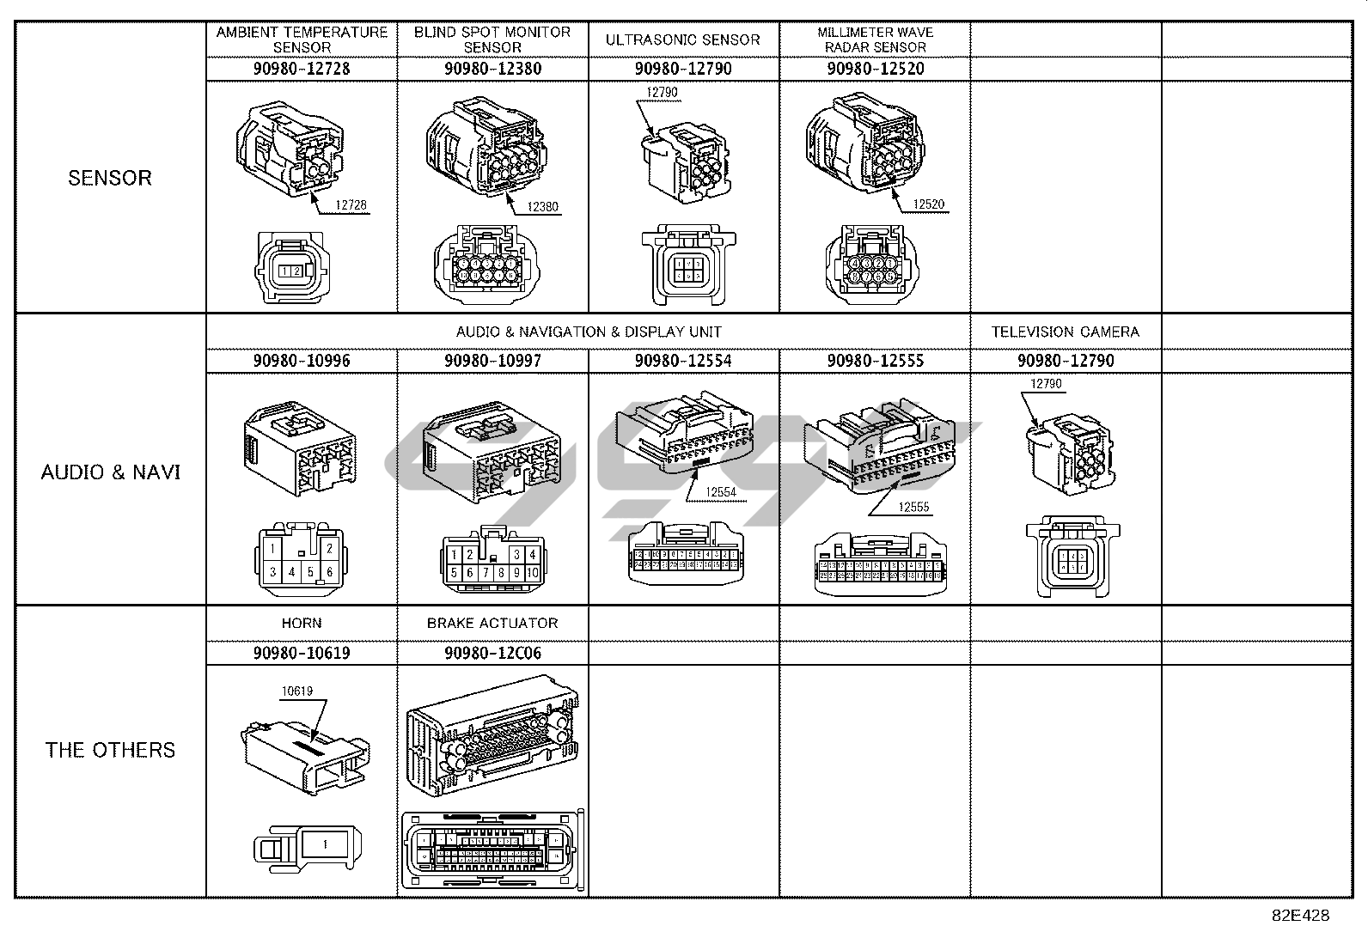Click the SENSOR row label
click(110, 178)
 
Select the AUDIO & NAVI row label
click(111, 472)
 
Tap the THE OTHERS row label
click(110, 750)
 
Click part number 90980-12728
click(302, 69)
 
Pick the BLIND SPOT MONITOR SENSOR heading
click(492, 40)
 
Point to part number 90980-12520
click(875, 69)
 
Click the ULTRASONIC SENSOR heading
click(683, 40)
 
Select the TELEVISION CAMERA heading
click(1066, 332)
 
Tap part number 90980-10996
click(302, 361)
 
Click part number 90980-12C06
click(492, 653)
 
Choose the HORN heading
click(302, 623)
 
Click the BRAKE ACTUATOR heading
click(492, 623)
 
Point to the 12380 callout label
click(543, 206)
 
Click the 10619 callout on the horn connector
click(297, 691)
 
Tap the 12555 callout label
click(914, 507)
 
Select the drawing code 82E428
click(1300, 915)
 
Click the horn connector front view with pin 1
click(308, 845)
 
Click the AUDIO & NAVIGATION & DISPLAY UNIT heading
click(589, 332)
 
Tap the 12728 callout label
click(351, 205)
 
